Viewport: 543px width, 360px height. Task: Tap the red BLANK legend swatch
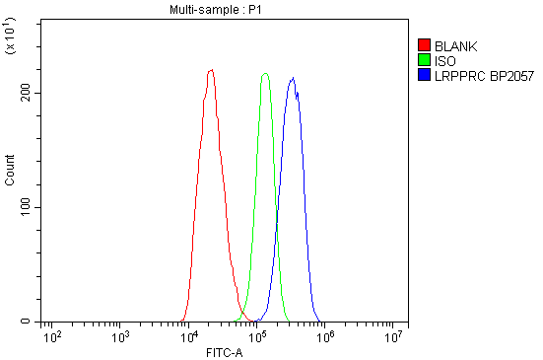point(425,45)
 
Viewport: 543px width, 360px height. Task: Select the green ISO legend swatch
point(425,60)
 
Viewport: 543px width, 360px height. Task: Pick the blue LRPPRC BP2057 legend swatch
point(425,74)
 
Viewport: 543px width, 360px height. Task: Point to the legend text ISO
point(444,60)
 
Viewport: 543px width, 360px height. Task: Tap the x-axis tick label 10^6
point(326,337)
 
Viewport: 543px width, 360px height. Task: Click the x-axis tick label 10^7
point(395,337)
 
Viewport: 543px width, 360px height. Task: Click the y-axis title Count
point(10,174)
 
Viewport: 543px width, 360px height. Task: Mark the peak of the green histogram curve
point(265,73)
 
